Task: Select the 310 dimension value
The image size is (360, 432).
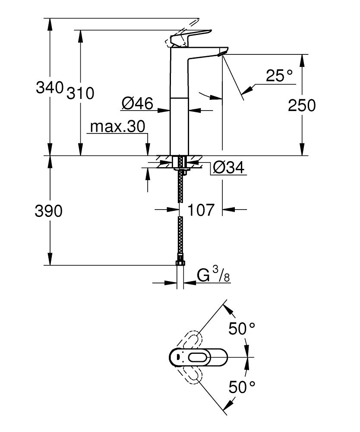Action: pos(80,93)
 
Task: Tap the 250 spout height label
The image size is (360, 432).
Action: pos(302,105)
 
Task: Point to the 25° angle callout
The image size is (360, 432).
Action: pos(279,76)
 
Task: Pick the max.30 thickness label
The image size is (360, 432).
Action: pos(117,127)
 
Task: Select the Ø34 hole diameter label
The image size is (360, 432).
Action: pos(229,167)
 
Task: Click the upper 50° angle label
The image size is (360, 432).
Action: pos(242,330)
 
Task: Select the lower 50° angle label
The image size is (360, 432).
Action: pos(242,387)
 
